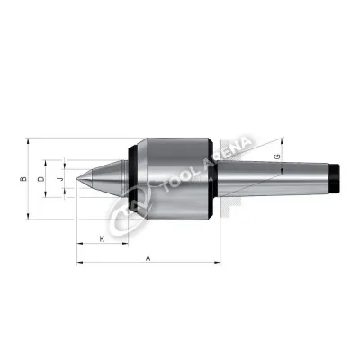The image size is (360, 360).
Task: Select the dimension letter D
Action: click(40, 179)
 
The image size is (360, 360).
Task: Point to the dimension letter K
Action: click(102, 238)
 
